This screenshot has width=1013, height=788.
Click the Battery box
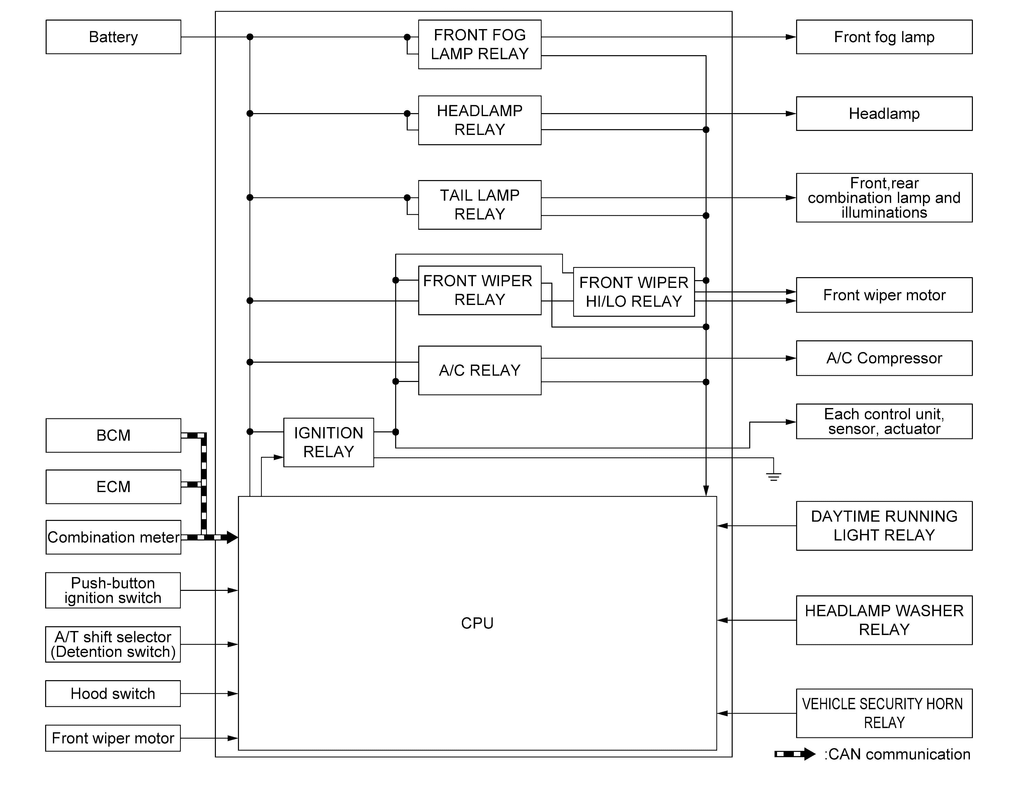pyautogui.click(x=113, y=37)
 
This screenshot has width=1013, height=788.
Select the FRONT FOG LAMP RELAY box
pyautogui.click(x=480, y=45)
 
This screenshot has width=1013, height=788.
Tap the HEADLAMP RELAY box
pyautogui.click(x=480, y=121)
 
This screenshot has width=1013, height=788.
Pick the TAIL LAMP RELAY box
pyautogui.click(x=480, y=205)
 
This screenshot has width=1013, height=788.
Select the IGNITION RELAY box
pyautogui.click(x=328, y=442)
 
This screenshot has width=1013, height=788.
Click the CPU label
pyautogui.click(x=477, y=623)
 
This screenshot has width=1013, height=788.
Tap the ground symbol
pyautogui.click(x=773, y=476)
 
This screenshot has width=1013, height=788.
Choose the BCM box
pyautogui.click(x=113, y=436)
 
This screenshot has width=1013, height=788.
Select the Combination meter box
pyautogui.click(x=113, y=537)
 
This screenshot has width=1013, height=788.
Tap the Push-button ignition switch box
pyautogui.click(x=113, y=590)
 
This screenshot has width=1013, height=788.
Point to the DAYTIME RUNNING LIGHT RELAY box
pyautogui.click(x=884, y=526)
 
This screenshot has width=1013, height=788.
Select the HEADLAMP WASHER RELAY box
pyautogui.click(x=884, y=620)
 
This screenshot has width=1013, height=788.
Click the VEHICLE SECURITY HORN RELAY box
pyautogui.click(x=884, y=713)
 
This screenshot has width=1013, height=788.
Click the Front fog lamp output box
pyautogui.click(x=884, y=37)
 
